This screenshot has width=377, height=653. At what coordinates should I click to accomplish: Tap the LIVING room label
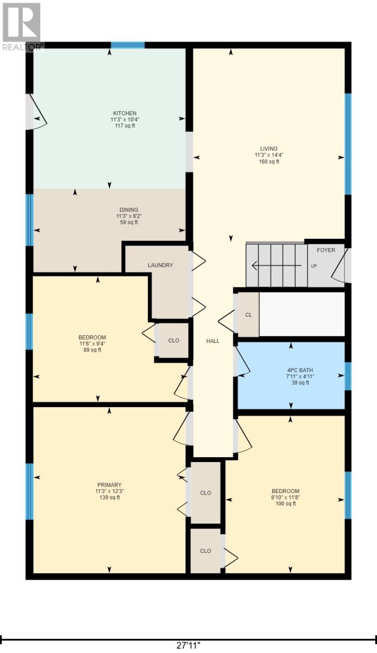pyautogui.click(x=268, y=149)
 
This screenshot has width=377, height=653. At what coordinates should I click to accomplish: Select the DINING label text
pyautogui.click(x=129, y=210)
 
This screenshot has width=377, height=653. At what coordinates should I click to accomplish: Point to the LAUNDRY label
pyautogui.click(x=160, y=265)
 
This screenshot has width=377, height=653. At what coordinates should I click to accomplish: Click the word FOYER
pyautogui.click(x=326, y=250)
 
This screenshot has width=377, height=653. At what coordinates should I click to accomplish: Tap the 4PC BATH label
pyautogui.click(x=300, y=370)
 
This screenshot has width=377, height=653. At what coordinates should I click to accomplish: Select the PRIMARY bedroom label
pyautogui.click(x=109, y=485)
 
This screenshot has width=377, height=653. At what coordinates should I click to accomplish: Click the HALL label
pyautogui.click(x=212, y=341)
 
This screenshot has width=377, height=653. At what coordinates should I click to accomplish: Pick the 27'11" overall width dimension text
pyautogui.click(x=188, y=645)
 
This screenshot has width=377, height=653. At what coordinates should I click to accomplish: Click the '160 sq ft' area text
pyautogui.click(x=268, y=162)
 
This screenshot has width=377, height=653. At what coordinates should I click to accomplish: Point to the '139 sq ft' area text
pyautogui.click(x=109, y=497)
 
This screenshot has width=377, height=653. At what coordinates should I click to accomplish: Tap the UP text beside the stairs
pyautogui.click(x=313, y=266)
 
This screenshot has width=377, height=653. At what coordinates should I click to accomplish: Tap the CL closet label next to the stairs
pyautogui.click(x=249, y=315)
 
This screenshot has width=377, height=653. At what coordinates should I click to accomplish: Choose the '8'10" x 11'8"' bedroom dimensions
pyautogui.click(x=286, y=497)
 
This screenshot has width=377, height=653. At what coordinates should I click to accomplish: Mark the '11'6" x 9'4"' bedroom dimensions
pyautogui.click(x=91, y=343)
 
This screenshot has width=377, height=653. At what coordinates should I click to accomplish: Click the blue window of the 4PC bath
pyautogui.click(x=348, y=377)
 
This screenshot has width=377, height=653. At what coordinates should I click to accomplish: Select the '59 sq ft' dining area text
pyautogui.click(x=129, y=222)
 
